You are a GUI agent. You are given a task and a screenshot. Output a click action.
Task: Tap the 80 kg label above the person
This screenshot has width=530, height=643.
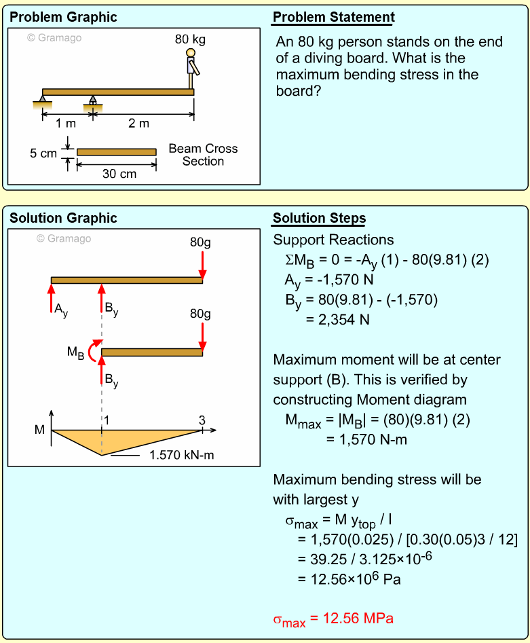pos(190,39)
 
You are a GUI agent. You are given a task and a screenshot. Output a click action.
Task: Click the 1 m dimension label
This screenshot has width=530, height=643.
pos(66,124)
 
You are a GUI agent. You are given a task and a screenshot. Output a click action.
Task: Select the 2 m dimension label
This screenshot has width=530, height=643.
pos(139,124)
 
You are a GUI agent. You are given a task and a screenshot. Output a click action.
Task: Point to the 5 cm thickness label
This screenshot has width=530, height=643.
pos(43,153)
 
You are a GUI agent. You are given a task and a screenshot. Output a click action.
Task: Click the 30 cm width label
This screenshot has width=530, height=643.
pos(119,174)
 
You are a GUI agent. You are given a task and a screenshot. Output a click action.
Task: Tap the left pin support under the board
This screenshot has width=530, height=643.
pos(43,102)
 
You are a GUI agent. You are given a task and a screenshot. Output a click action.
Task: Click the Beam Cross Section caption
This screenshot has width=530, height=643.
pos(203,155)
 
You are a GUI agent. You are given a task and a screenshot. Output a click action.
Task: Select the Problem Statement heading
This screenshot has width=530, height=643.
pos(333,18)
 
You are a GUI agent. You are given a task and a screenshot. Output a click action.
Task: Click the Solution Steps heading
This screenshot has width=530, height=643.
pos(319,219)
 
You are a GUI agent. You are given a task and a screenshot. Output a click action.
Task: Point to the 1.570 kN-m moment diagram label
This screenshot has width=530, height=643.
pos(181,455)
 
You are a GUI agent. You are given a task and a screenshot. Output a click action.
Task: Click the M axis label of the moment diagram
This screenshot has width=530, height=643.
pos(39,430)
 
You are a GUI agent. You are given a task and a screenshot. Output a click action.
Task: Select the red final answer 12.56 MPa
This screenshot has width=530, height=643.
pos(333,619)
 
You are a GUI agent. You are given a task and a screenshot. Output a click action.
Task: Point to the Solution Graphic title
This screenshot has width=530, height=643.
pos(63,219)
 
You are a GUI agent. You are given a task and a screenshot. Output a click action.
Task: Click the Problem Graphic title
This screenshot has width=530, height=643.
pos(63,18)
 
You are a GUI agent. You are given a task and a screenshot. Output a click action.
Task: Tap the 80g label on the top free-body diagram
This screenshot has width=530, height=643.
pos(200,242)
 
